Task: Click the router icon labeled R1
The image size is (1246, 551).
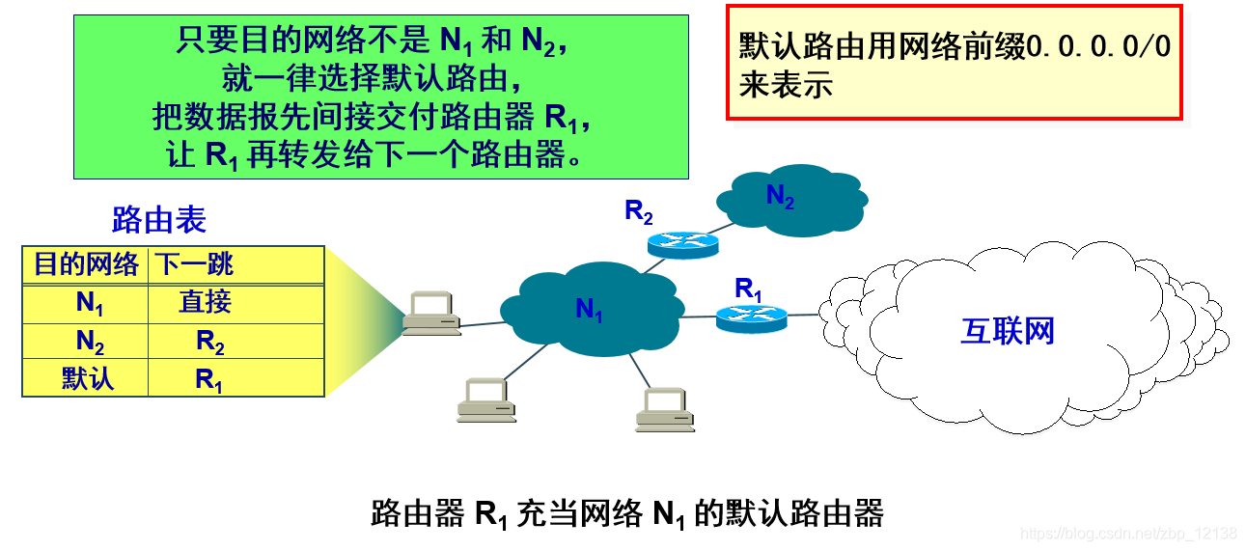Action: [752, 317]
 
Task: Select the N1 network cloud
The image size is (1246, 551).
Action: [589, 308]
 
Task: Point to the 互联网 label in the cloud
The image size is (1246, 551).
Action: [1008, 331]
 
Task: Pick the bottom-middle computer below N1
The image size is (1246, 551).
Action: [485, 399]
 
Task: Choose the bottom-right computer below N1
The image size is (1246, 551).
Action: [664, 409]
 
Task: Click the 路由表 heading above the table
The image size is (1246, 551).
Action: [159, 220]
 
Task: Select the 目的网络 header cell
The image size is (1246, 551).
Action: [86, 264]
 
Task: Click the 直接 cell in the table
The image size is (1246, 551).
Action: [206, 302]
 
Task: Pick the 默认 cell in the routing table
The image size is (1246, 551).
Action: [87, 377]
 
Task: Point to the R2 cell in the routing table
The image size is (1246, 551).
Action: [209, 342]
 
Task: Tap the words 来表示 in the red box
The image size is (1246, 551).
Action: [786, 85]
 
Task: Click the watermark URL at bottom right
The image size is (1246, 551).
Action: [1128, 534]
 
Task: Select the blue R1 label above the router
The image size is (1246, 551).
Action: [749, 288]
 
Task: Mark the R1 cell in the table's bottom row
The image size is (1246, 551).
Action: [209, 378]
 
